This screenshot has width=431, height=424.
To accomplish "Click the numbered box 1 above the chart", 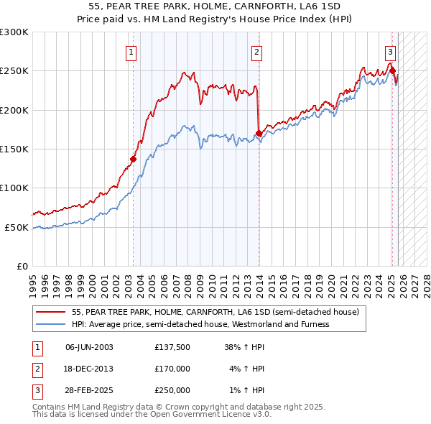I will tap(132, 51).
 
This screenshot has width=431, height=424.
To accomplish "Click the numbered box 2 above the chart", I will tap(256, 51).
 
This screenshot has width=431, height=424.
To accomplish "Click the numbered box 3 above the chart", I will tap(389, 51).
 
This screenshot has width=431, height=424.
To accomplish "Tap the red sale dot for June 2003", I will tap(133, 159).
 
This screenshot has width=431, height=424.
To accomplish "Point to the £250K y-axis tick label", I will tap(14, 71).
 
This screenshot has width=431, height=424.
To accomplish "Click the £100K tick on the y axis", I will tap(14, 188).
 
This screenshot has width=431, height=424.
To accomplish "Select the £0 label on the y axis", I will tap(23, 266).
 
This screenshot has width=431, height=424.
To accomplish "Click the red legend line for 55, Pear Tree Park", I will tap(51, 312).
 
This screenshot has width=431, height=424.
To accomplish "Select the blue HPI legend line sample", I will tap(51, 324).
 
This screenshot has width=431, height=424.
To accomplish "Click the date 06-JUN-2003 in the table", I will tap(89, 347).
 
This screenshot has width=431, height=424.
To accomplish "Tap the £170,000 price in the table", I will tap(172, 369).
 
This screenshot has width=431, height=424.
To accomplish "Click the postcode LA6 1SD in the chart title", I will tap(330, 6).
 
